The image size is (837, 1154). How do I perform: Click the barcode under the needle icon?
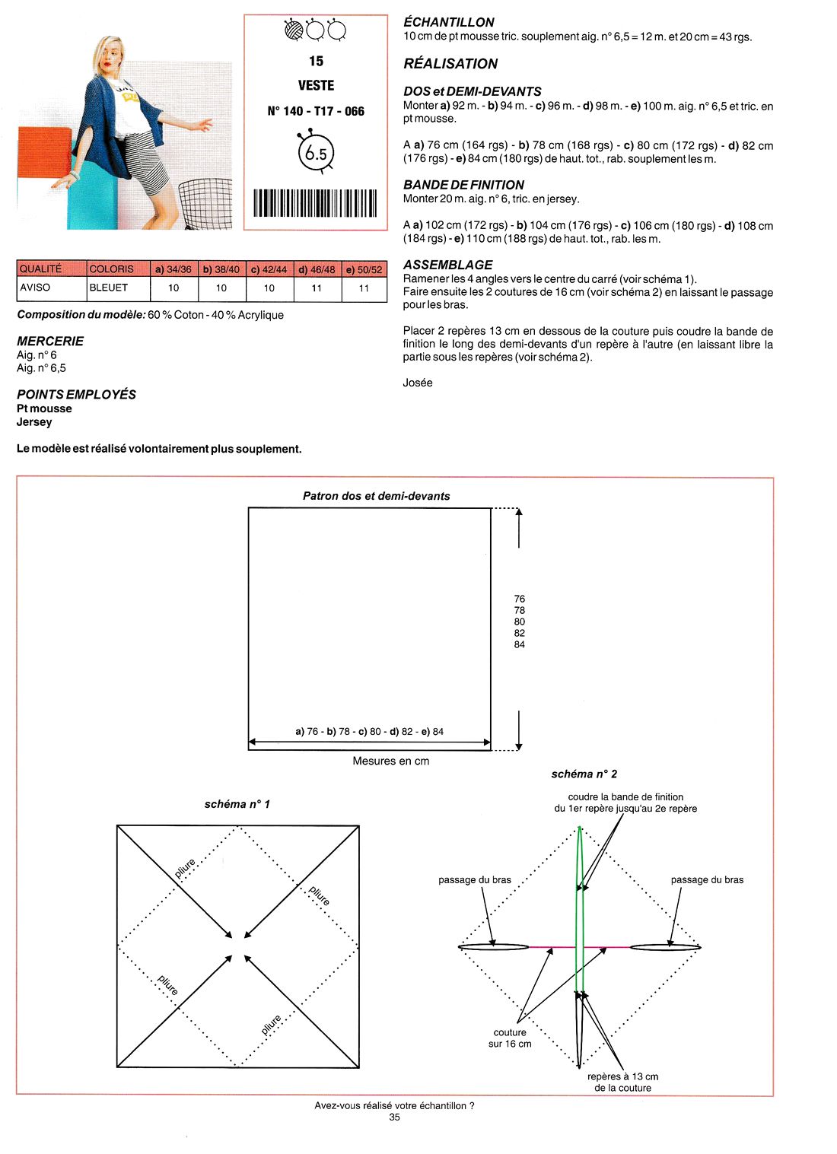click(315, 203)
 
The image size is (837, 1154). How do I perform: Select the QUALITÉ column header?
click(41, 269)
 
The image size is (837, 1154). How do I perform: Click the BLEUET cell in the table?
click(109, 288)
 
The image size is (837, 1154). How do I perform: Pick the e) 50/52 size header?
click(364, 269)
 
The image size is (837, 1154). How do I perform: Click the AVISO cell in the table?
click(35, 288)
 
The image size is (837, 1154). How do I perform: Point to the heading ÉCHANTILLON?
click(449, 22)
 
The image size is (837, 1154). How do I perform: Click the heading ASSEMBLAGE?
click(448, 265)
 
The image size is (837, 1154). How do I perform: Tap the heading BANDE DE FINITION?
click(463, 185)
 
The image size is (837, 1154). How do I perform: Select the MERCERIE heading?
click(50, 341)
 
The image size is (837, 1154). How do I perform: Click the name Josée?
click(418, 383)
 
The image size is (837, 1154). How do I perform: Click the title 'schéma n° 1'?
click(237, 804)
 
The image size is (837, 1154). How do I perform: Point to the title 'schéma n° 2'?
click(584, 774)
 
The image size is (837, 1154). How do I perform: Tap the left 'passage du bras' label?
click(475, 879)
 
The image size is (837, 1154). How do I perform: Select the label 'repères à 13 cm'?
click(623, 1076)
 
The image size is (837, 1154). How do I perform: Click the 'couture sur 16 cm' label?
click(510, 1038)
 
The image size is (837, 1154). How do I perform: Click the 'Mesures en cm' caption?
click(391, 761)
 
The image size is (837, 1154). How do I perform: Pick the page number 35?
click(394, 1117)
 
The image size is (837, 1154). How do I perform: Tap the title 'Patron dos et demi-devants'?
click(377, 496)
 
